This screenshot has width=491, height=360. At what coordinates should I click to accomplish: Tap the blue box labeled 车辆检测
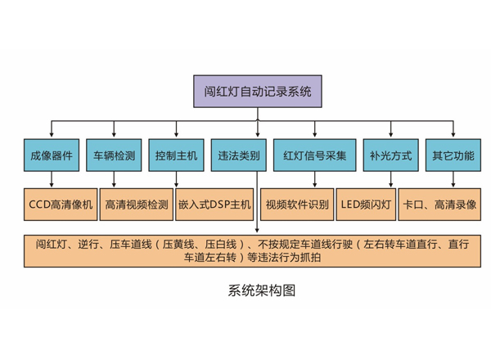114,155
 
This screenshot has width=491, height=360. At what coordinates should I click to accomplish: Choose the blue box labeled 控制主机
176,155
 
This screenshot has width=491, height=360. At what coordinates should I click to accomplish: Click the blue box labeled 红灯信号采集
315,155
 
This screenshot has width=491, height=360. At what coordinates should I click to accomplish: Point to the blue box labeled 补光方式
390,155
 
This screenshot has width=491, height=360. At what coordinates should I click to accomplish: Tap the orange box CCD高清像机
61,204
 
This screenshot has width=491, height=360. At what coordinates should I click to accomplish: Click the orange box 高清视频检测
137,204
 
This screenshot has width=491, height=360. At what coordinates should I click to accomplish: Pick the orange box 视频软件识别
297,204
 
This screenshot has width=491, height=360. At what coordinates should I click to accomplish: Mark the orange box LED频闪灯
365,204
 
